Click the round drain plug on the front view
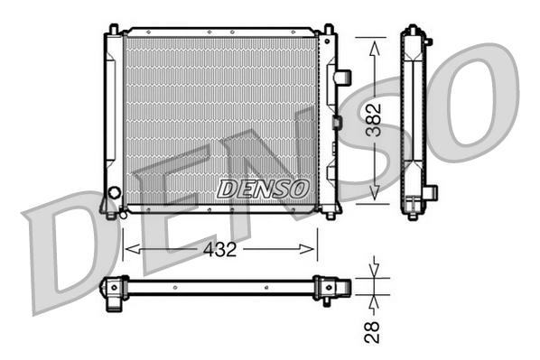coord(114,193)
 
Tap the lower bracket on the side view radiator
coord(429,192)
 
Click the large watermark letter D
coord(63,253)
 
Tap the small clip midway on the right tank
coord(336,122)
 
